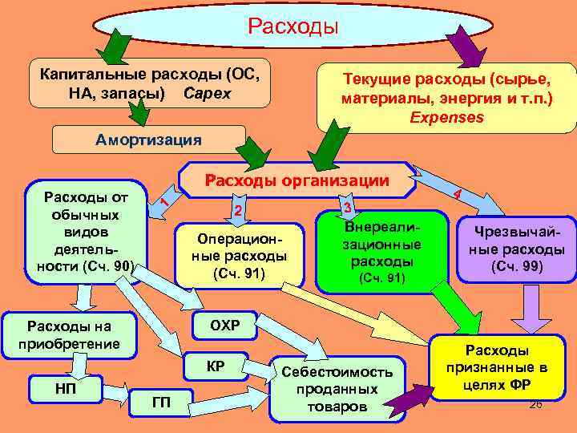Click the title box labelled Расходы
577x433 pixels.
pos(293,27)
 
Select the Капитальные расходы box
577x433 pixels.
pos(148,83)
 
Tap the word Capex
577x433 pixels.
pos(207,93)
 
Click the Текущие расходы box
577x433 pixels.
pos(446,99)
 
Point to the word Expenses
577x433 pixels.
pos(446,117)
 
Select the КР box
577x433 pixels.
pos(215,367)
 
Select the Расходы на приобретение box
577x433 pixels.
pos(68,335)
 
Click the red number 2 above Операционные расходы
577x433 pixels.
pos(237,210)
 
